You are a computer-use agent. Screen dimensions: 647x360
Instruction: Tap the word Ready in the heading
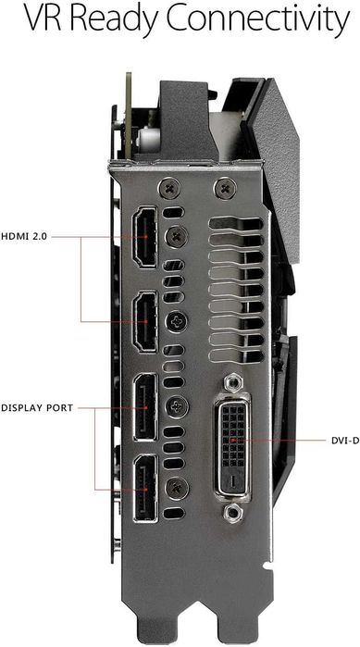point(110,20)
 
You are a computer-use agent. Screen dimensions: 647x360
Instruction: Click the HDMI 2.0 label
point(25,236)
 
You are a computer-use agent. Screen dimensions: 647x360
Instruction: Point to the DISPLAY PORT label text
point(38,406)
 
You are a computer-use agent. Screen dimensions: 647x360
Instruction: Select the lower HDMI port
point(146,321)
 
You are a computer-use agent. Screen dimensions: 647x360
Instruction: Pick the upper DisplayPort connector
point(146,404)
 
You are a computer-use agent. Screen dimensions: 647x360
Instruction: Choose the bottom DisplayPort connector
point(146,486)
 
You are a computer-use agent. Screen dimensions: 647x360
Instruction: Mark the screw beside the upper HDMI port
point(172,238)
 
